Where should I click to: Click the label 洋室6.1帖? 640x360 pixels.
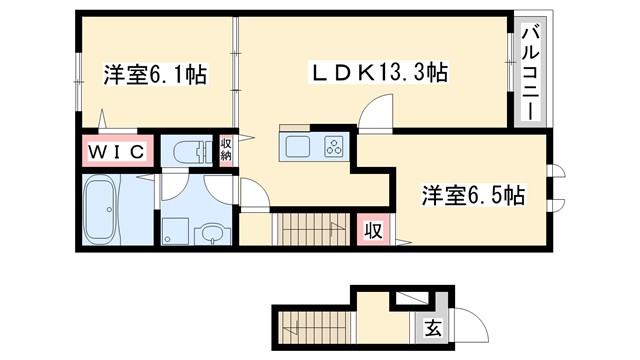[154, 76]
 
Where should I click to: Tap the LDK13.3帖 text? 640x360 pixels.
[375, 73]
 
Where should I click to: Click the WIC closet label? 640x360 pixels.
[114, 151]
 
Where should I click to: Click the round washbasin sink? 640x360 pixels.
[212, 232]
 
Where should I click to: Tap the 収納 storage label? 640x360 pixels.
[227, 150]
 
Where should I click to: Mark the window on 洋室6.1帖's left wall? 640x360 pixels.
[78, 76]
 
